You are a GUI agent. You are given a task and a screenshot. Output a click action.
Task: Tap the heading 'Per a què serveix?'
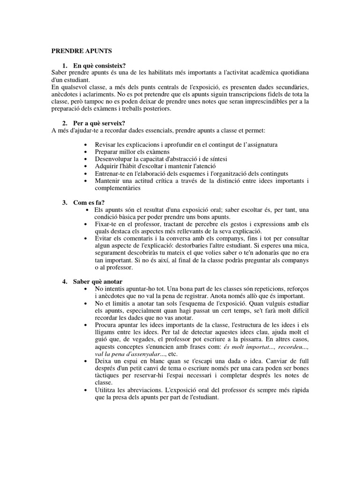98,123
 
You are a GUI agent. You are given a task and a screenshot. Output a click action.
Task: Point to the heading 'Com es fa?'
89,202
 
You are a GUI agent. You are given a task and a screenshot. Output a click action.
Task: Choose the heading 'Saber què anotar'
97,281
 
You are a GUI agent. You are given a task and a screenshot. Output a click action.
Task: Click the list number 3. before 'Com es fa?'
65,202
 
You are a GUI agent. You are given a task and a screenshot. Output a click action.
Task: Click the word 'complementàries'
117,188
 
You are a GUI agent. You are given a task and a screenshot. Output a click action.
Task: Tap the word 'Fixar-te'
106,224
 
